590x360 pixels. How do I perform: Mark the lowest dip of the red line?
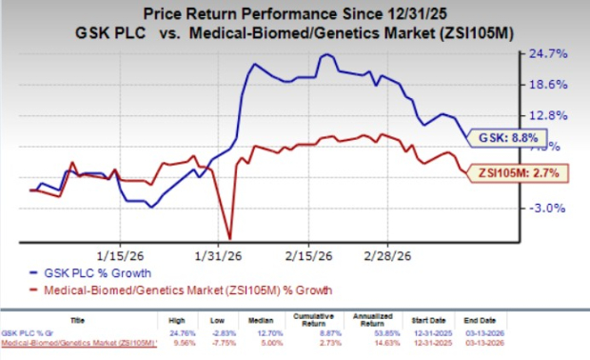pyautogui.click(x=229, y=238)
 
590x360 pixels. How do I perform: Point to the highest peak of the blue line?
pyautogui.click(x=325, y=55)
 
